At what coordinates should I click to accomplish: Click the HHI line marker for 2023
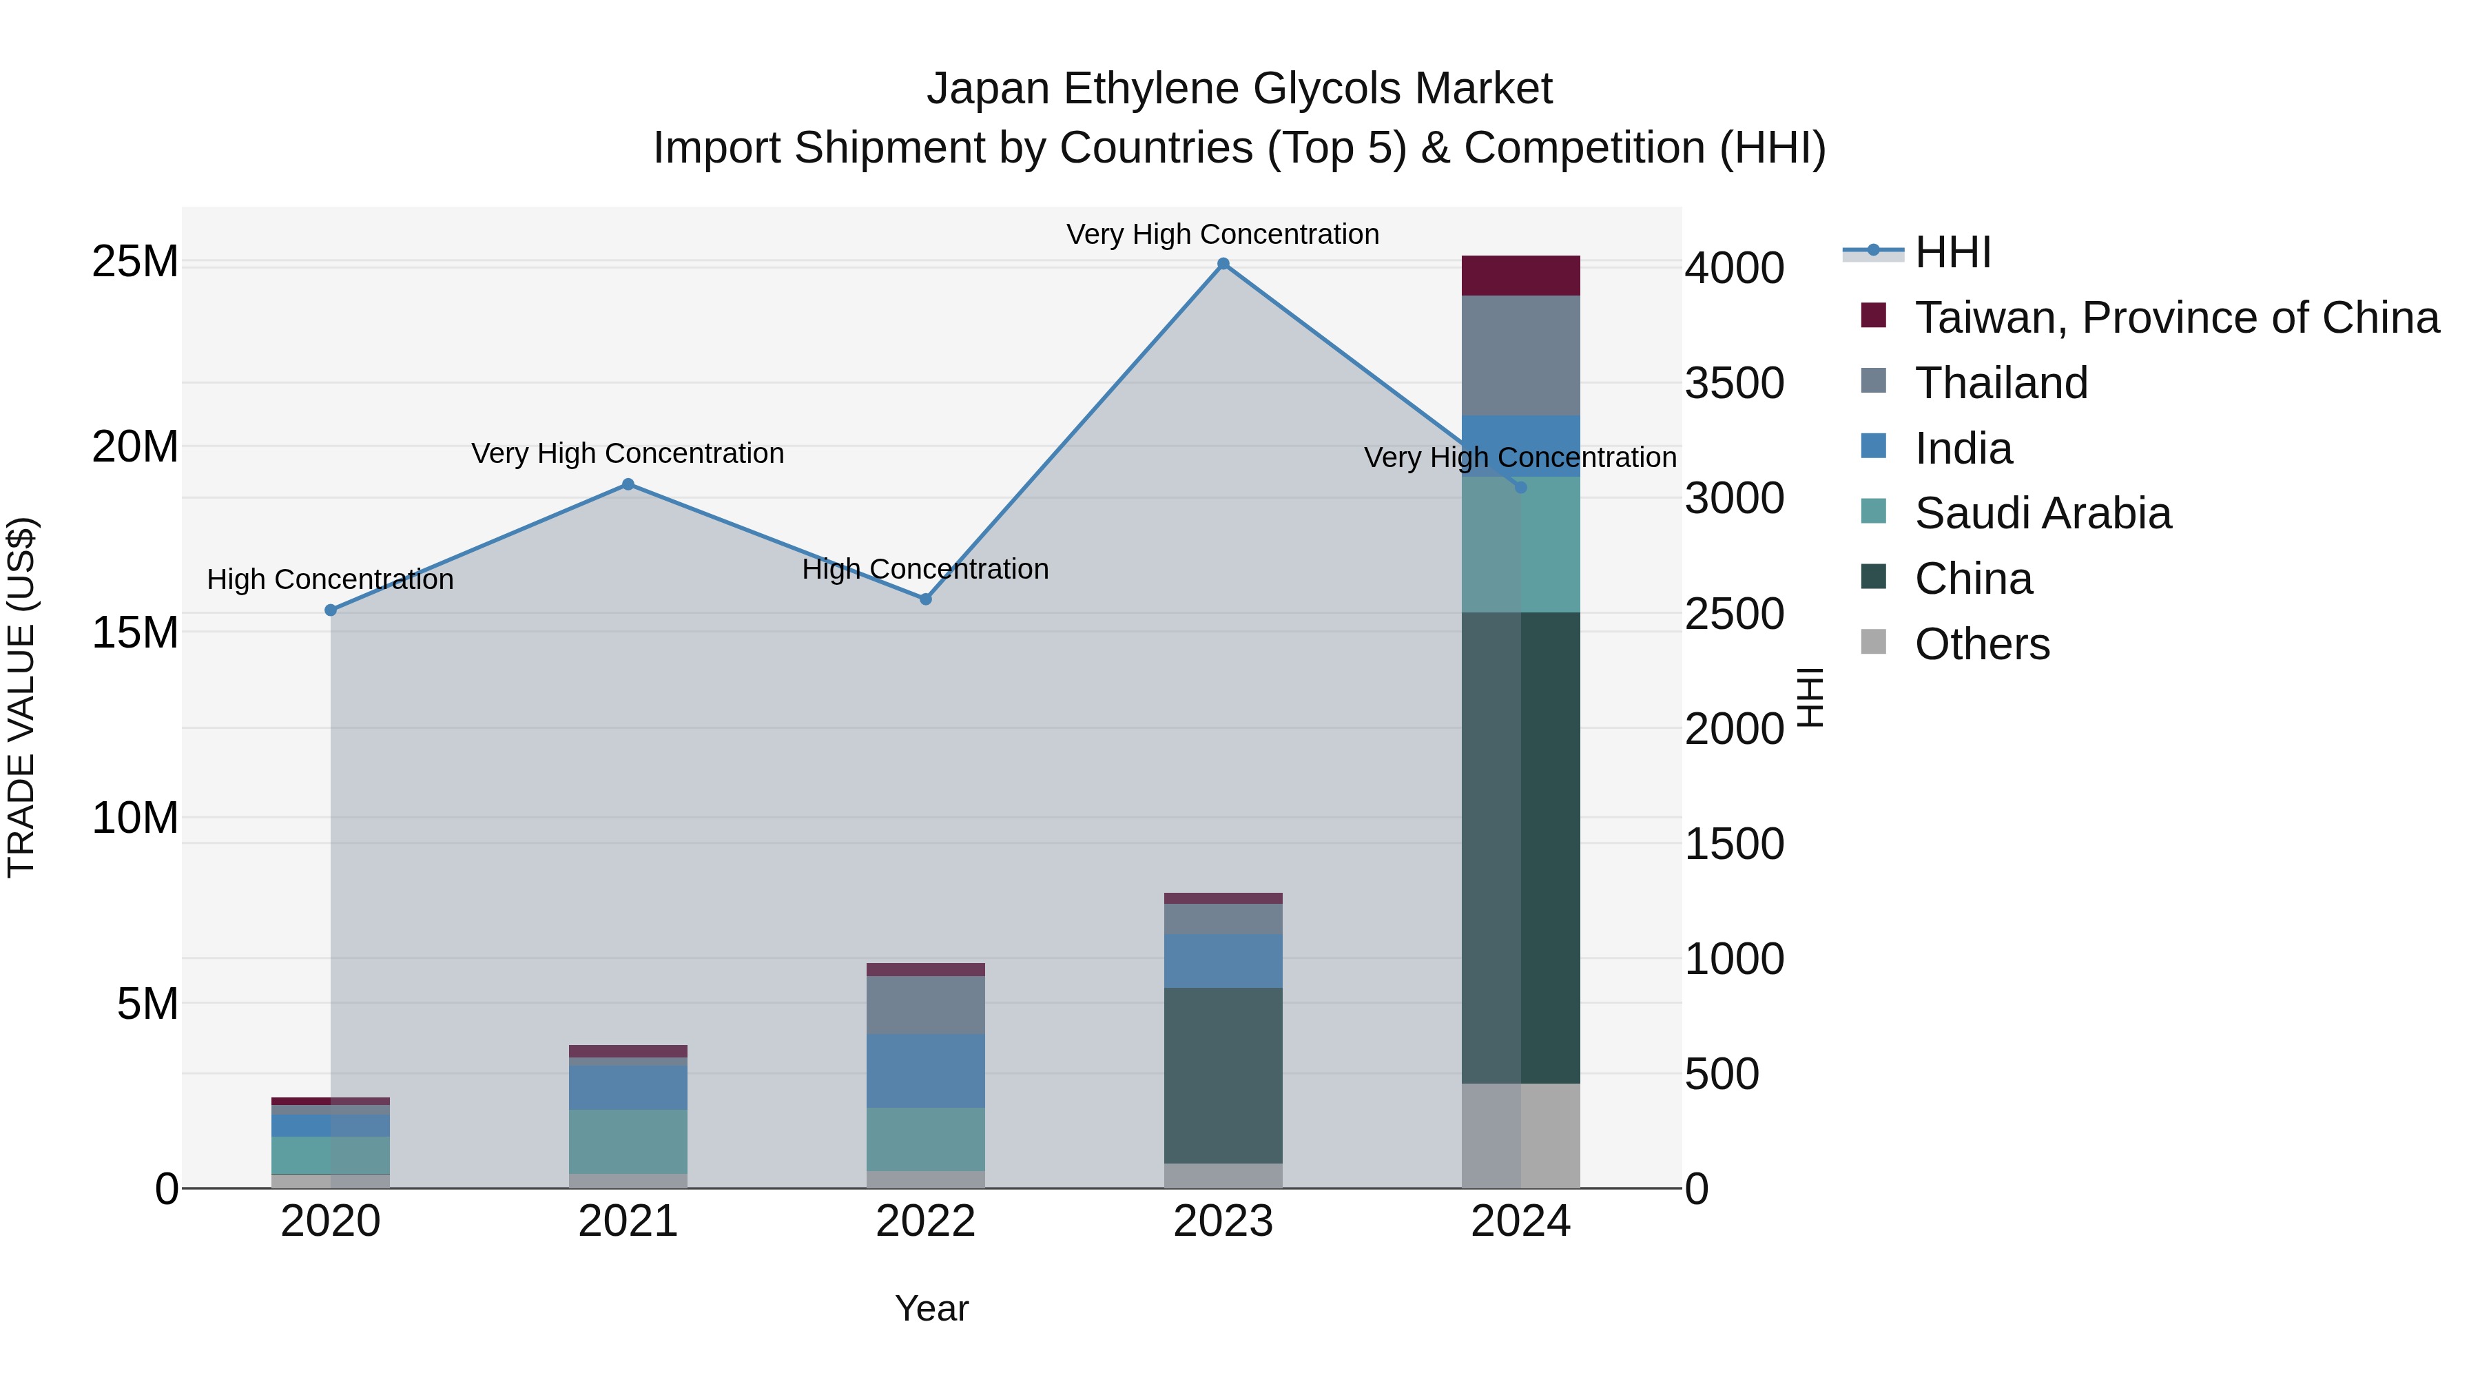point(1223,264)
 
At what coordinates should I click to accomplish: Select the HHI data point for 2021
point(628,484)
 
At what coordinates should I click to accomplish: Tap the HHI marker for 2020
point(330,610)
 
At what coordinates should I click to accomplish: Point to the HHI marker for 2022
point(925,599)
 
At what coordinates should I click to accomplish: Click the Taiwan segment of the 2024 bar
point(1520,276)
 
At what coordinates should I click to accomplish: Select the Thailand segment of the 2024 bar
point(1520,355)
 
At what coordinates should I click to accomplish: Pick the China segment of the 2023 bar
point(1223,1075)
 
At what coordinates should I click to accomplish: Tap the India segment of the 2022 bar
point(925,1071)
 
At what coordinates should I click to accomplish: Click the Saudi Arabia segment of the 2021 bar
point(628,1141)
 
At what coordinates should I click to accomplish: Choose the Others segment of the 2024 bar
point(1520,1136)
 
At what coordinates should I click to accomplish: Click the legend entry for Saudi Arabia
point(2042,513)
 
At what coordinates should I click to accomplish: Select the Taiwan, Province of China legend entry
point(2176,318)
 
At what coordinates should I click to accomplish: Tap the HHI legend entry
point(1952,252)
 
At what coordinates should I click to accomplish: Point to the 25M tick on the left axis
point(135,262)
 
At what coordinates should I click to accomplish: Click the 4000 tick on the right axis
point(1734,269)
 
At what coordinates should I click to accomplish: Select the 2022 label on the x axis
point(925,1221)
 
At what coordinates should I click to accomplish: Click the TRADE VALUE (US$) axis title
point(21,697)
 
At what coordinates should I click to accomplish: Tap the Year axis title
point(931,1308)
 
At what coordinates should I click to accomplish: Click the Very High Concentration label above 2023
point(1223,234)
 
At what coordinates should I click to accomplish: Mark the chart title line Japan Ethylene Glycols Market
point(1239,89)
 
